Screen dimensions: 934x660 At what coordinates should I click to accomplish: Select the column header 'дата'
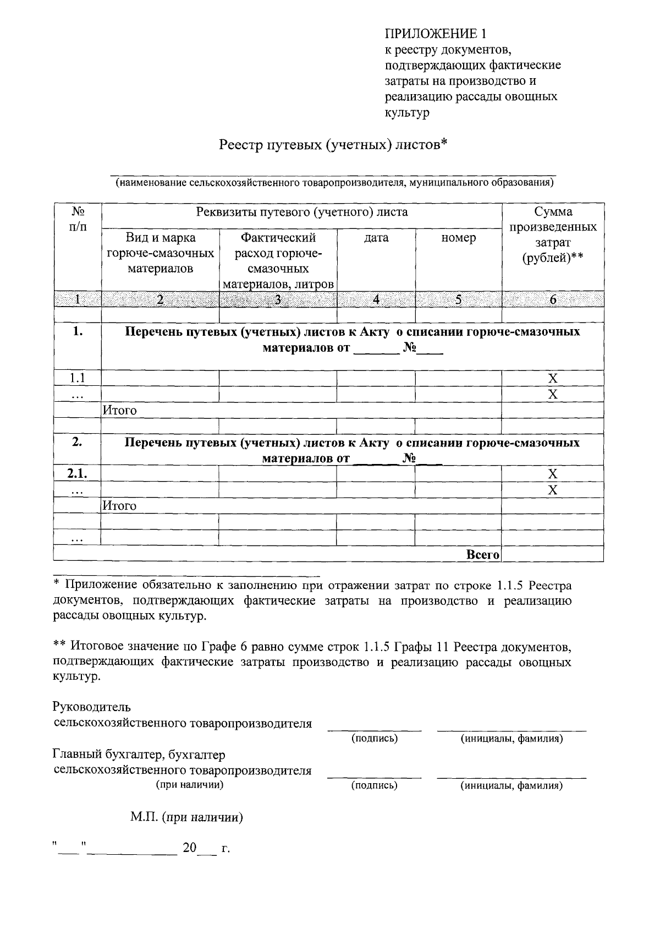point(376,238)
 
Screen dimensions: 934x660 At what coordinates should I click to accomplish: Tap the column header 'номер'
point(458,238)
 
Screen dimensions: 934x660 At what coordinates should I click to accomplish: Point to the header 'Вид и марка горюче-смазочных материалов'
point(160,253)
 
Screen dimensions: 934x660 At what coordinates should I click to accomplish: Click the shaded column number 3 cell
point(278,299)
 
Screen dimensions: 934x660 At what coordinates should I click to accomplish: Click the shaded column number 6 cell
point(553,299)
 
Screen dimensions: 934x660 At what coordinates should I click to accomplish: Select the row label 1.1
point(77,378)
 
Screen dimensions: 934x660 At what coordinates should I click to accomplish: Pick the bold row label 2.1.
point(77,474)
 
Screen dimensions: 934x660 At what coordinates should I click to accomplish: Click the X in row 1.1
point(553,379)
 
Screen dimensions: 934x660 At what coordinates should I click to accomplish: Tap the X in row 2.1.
point(553,474)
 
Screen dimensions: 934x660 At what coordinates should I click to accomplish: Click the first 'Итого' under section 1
point(120,411)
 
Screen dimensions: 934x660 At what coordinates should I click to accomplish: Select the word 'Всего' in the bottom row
point(482,555)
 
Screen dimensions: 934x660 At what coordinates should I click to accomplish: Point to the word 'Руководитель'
point(92,707)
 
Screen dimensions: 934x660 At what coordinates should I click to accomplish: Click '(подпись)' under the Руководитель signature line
point(375,739)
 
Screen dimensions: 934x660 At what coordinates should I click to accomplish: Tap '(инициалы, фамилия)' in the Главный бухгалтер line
point(512,786)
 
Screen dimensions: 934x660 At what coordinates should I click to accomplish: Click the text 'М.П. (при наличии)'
point(187,817)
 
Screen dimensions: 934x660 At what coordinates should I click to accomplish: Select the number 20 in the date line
point(189,848)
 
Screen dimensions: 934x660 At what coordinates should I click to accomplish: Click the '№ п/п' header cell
point(78,219)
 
